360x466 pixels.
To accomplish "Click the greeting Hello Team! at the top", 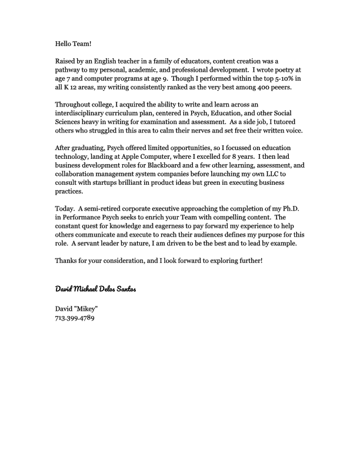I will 74,43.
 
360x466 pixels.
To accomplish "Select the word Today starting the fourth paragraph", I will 64,209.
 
